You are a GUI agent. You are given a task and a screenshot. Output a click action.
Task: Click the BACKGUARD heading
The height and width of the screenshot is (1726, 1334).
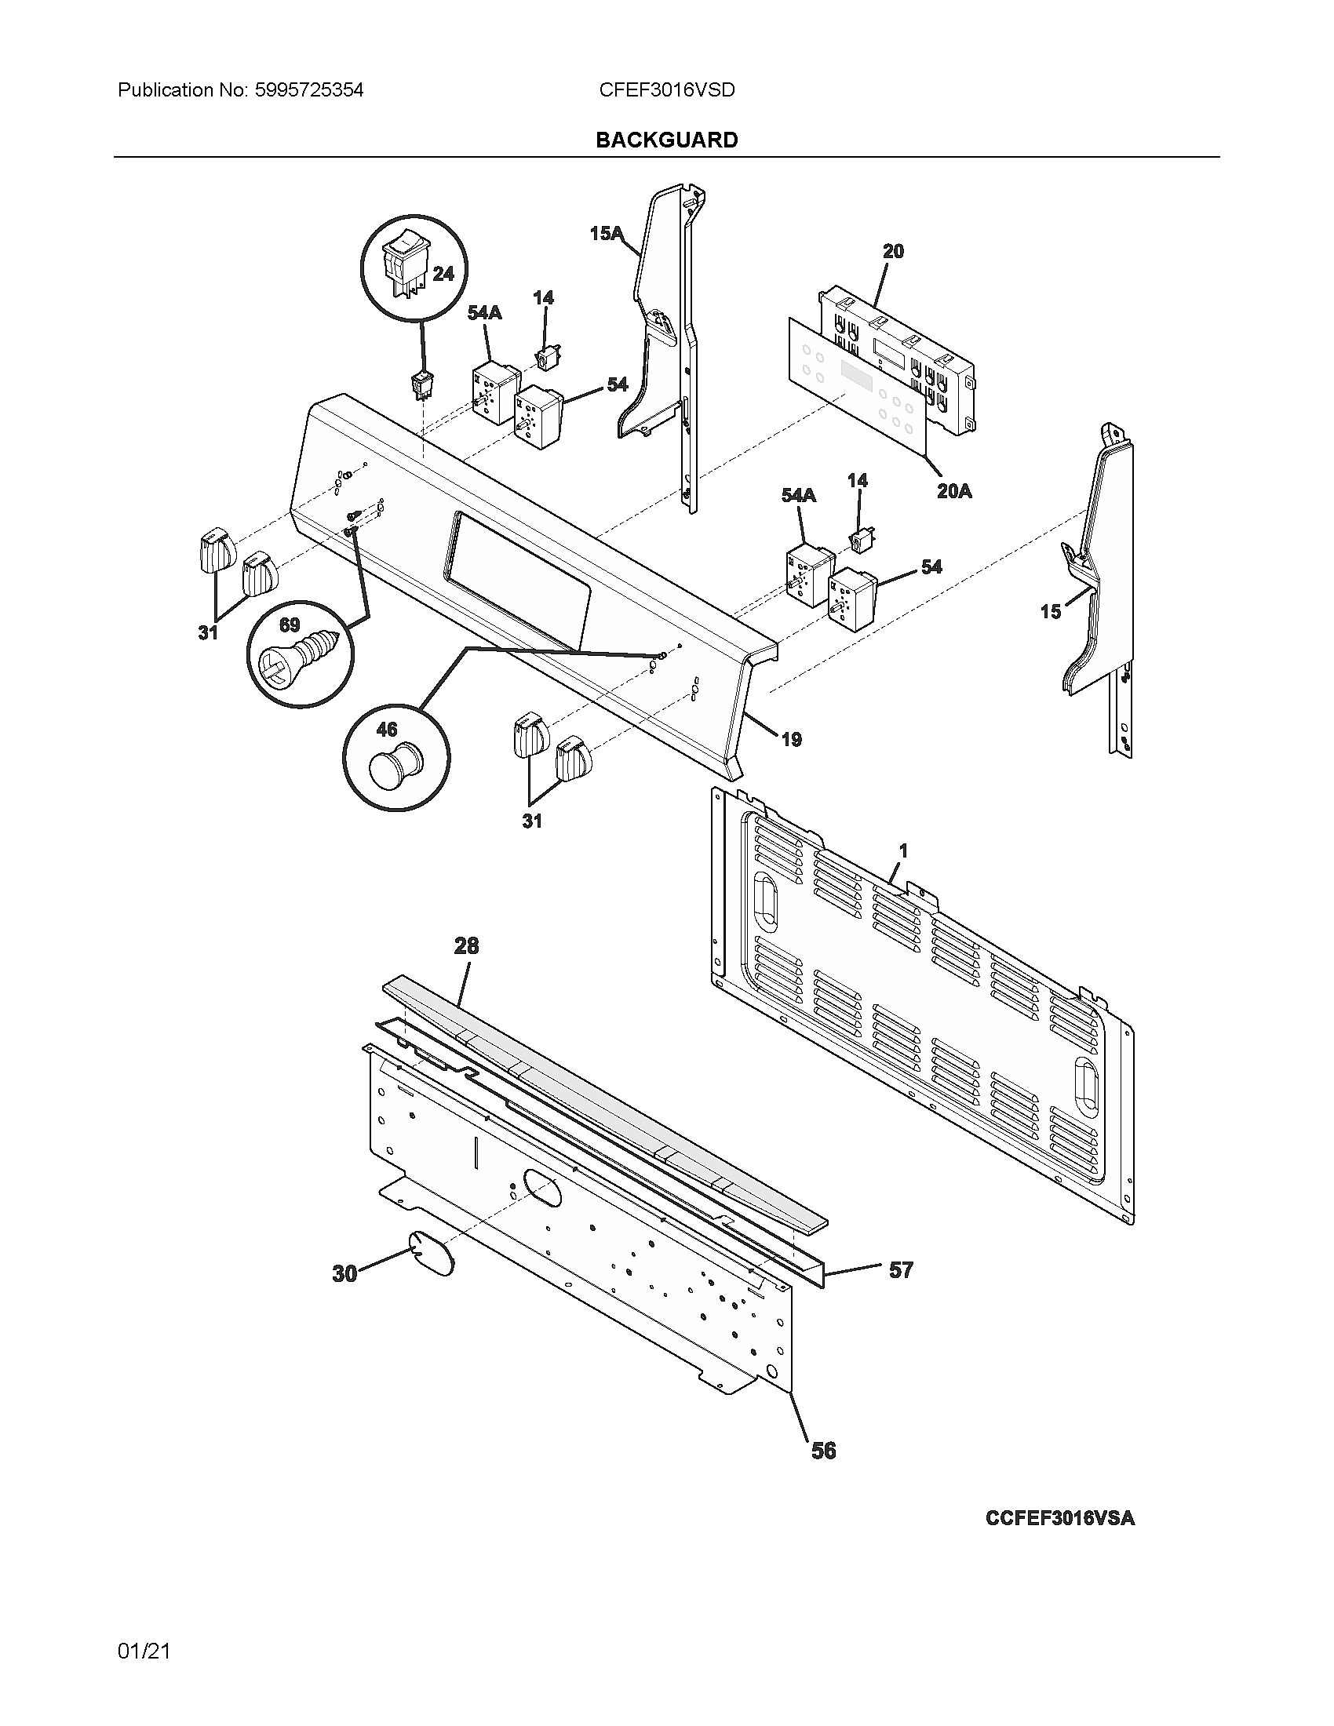(666, 140)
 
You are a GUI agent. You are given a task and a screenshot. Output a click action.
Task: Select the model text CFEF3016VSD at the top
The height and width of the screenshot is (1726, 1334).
(666, 90)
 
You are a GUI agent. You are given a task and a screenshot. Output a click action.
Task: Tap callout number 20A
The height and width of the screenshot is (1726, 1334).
(954, 491)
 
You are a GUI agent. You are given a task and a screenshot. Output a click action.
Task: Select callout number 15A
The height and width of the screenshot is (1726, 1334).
(606, 233)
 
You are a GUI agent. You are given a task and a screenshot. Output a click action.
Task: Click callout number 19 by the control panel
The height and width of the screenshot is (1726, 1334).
(791, 739)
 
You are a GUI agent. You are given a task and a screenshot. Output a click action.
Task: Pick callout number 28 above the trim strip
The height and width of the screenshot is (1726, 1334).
(466, 945)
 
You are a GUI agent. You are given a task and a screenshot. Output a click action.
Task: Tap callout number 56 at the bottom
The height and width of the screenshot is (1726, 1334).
(823, 1450)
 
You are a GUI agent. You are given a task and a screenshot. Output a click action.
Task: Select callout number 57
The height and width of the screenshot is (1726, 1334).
(901, 1270)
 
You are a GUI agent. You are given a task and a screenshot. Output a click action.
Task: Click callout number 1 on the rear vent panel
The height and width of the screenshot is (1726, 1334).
(903, 851)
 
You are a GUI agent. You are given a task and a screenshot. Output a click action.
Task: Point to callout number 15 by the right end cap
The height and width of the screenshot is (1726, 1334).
(1050, 611)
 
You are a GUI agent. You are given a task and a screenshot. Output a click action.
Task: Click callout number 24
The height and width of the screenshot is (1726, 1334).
(443, 274)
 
